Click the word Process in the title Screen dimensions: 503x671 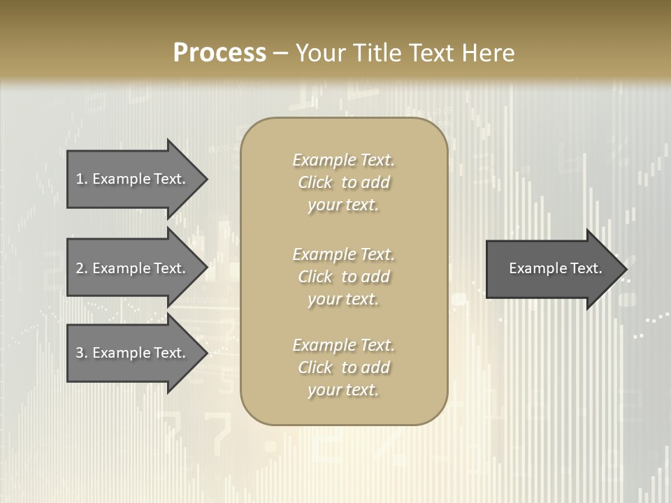tap(219, 53)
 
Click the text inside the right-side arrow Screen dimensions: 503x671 tap(555, 268)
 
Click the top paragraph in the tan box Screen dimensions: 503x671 tap(343, 182)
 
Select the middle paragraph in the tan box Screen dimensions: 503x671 tap(343, 277)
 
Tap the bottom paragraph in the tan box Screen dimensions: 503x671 tap(343, 367)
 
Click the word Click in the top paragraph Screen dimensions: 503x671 tap(315, 182)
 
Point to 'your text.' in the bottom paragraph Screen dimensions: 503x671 tap(343, 390)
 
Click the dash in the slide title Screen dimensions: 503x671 tap(280, 54)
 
